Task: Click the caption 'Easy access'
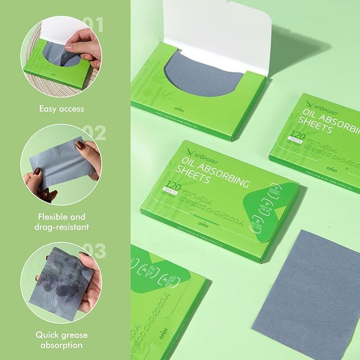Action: [x=61, y=109]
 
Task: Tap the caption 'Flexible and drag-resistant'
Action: [x=61, y=221]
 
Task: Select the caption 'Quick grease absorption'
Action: [x=61, y=340]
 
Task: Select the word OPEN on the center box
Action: [x=202, y=224]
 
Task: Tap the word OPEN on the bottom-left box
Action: [x=162, y=333]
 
